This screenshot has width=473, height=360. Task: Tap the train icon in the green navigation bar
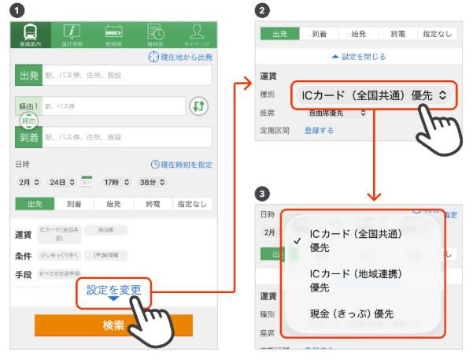pyautogui.click(x=30, y=34)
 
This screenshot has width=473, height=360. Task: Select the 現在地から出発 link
pyautogui.click(x=180, y=58)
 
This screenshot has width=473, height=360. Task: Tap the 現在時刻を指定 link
pyautogui.click(x=182, y=165)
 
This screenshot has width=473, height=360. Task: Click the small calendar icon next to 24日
pyautogui.click(x=87, y=181)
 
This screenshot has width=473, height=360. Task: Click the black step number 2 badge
pyautogui.click(x=262, y=9)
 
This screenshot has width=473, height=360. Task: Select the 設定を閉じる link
pyautogui.click(x=358, y=58)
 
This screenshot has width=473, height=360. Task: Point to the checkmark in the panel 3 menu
pyautogui.click(x=295, y=239)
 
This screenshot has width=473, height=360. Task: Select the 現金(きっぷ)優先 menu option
pyautogui.click(x=352, y=314)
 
